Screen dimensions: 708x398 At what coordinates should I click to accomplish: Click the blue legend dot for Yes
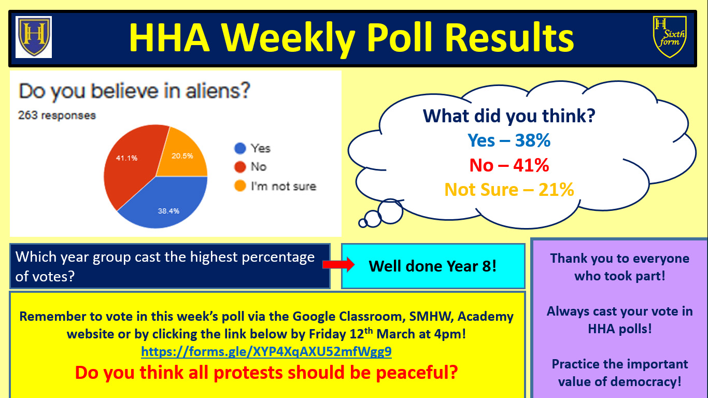tap(240, 148)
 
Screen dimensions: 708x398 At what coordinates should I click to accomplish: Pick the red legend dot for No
tap(240, 167)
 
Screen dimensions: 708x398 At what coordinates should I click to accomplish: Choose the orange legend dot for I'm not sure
tap(240, 186)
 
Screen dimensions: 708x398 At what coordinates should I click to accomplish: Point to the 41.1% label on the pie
tap(126, 158)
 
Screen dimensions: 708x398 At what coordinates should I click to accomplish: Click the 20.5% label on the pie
tap(182, 156)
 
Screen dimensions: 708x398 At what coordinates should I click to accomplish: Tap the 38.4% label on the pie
tap(168, 211)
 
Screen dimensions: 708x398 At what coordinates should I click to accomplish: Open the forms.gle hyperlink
tap(266, 352)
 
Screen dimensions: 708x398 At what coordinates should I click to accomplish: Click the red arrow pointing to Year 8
tap(338, 264)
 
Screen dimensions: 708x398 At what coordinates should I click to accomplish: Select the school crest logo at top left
tap(34, 37)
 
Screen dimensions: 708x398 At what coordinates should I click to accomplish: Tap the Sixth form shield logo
tap(670, 37)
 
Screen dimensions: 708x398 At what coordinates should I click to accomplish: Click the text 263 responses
tap(57, 116)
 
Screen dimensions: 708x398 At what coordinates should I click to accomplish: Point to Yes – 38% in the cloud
tap(509, 140)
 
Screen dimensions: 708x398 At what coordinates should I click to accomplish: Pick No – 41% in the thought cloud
tap(509, 165)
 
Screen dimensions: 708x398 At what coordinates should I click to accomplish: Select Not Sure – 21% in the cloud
tap(509, 190)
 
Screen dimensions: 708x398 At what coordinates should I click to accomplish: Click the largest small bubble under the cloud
tap(390, 211)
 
